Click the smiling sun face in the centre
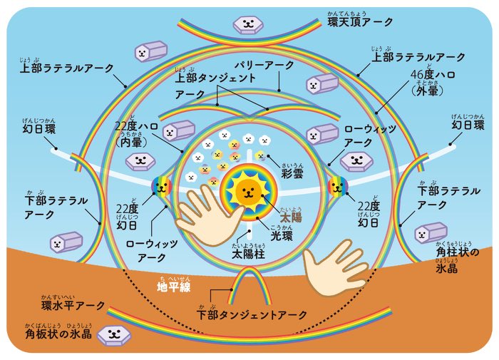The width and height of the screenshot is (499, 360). (x=247, y=190)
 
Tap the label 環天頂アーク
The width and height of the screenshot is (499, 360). (x=361, y=22)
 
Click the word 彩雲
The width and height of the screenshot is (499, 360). (x=292, y=174)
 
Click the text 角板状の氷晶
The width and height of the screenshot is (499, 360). (x=58, y=334)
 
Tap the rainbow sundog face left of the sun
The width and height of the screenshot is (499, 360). (x=160, y=187)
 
